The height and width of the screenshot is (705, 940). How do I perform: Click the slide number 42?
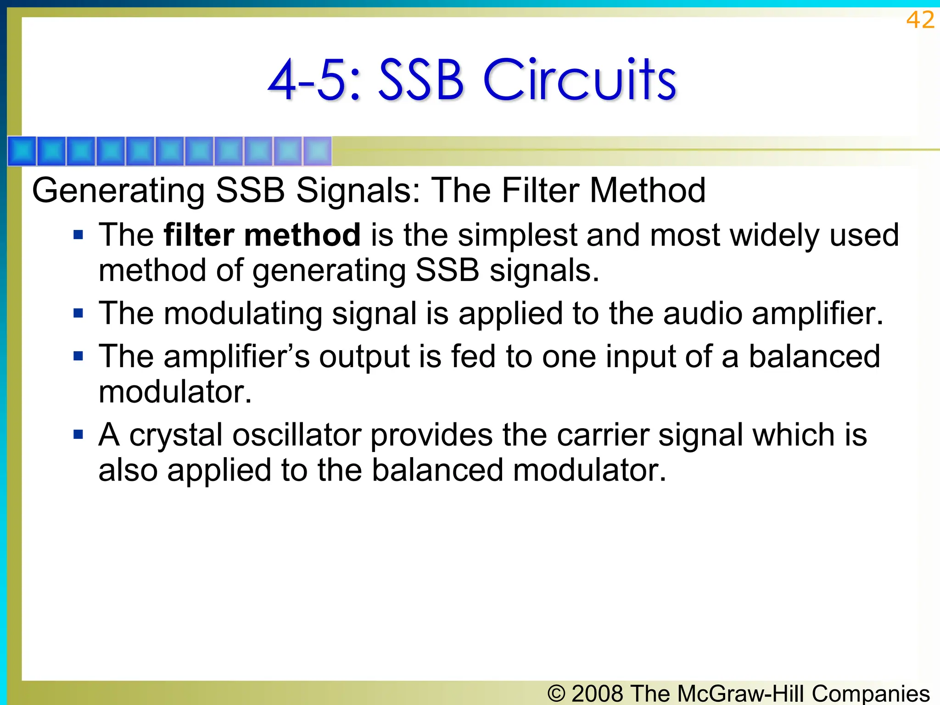[x=920, y=20]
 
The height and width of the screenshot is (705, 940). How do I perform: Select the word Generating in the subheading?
[x=118, y=191]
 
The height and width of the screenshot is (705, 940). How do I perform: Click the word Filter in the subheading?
[x=540, y=191]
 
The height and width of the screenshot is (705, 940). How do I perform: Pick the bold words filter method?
[x=262, y=235]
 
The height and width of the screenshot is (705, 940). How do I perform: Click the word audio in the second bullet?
[x=703, y=314]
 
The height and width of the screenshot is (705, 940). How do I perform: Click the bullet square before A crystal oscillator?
[x=78, y=434]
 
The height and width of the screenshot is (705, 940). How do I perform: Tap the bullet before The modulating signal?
[x=78, y=313]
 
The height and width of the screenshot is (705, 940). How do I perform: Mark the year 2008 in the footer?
[x=598, y=693]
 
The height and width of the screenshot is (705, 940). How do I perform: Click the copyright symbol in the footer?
[x=556, y=694]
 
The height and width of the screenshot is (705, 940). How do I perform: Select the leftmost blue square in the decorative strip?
[x=22, y=151]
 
